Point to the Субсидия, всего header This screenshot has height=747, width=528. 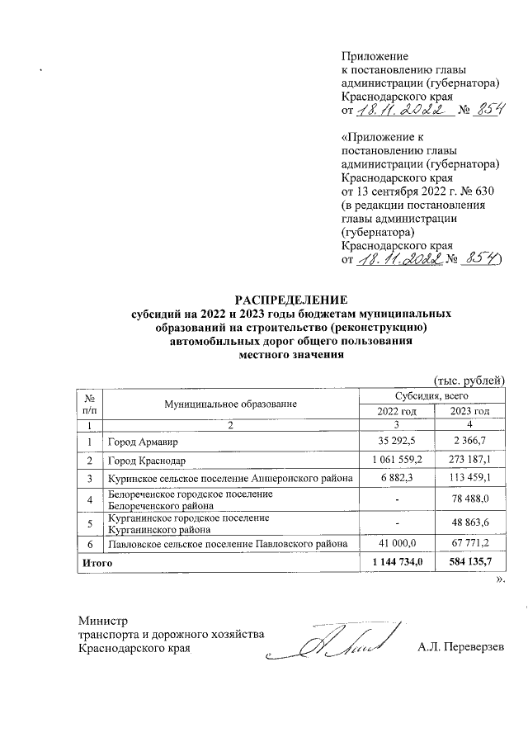(432, 396)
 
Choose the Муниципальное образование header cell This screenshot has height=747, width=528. (229, 404)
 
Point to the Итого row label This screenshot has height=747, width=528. (94, 562)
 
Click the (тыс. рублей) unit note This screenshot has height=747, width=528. (469, 381)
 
